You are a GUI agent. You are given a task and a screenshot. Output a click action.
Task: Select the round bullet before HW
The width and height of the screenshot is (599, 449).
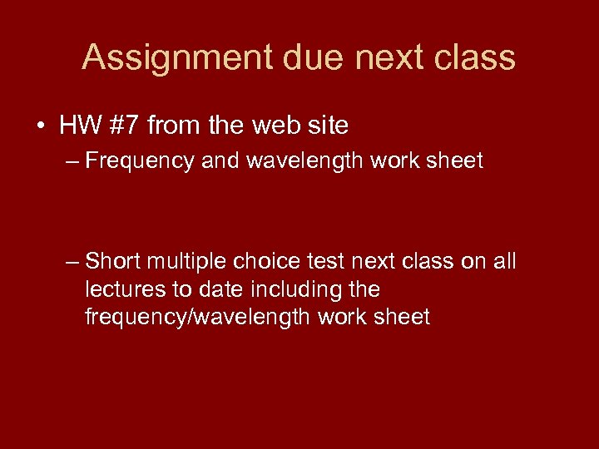[39, 126]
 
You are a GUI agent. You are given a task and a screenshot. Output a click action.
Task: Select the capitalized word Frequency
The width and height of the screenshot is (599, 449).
[140, 160]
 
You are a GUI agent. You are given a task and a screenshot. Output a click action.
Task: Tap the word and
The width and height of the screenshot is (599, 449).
[219, 160]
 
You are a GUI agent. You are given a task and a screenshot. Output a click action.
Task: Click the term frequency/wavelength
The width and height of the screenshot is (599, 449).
[199, 317]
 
